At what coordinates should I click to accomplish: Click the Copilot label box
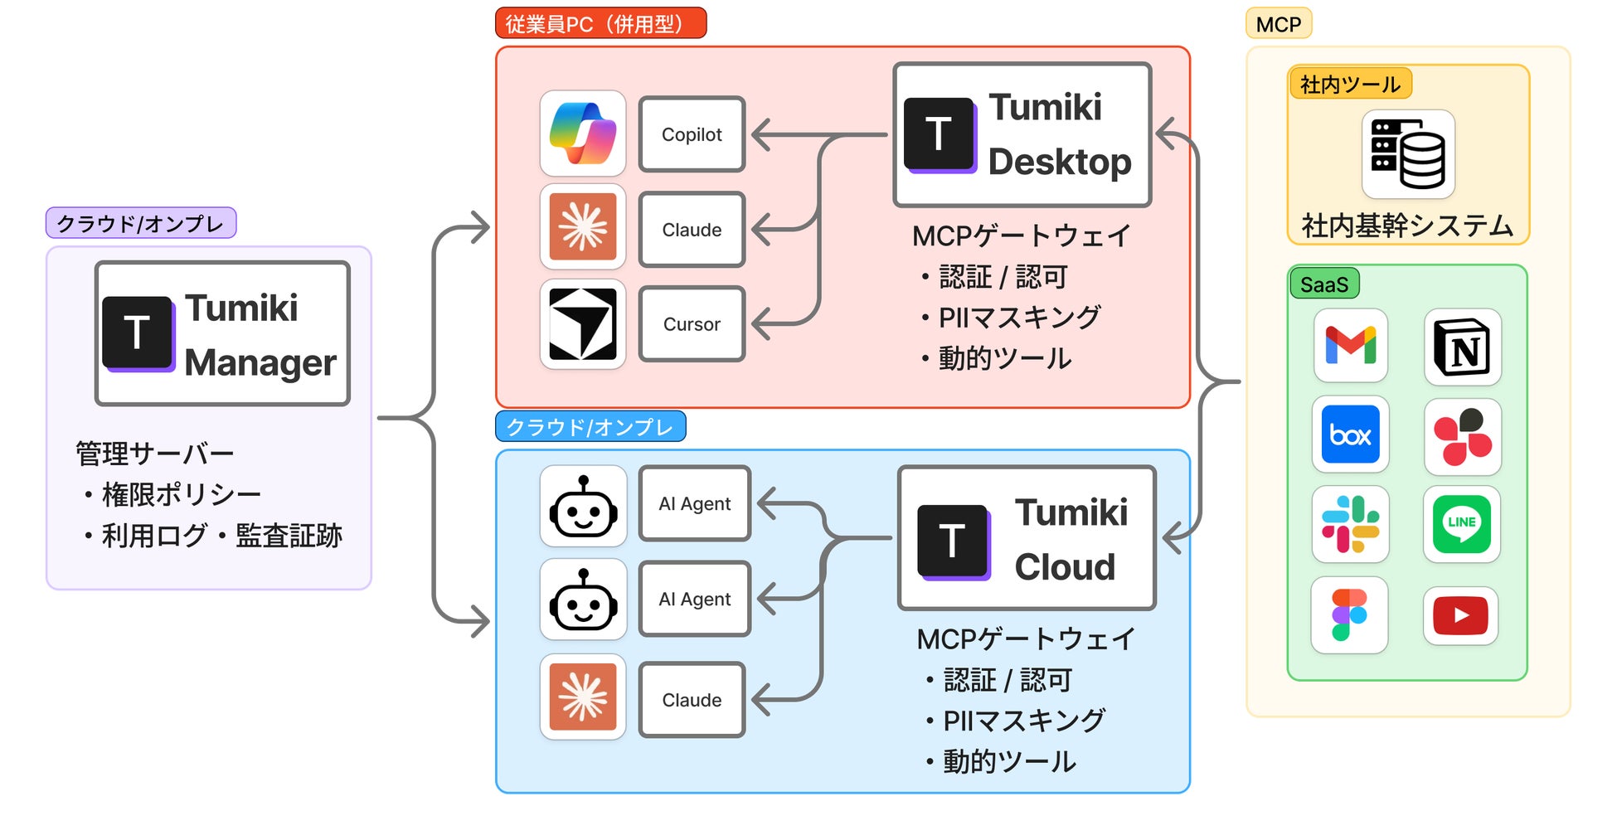(692, 134)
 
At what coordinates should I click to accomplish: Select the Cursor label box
(692, 324)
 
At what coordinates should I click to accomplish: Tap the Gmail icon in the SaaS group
(1350, 346)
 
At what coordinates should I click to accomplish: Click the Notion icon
(1463, 347)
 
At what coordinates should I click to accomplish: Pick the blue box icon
(1350, 435)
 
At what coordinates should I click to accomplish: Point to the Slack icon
(1350, 524)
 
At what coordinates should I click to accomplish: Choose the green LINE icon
(1461, 524)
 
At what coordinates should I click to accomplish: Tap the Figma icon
(1349, 614)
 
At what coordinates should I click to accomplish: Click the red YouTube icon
(1460, 615)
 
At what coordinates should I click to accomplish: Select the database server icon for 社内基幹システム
(1408, 154)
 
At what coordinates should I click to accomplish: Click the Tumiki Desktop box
(1022, 134)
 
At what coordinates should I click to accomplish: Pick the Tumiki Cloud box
(1027, 538)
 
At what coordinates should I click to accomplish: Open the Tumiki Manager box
(222, 333)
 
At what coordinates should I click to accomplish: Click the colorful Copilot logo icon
(583, 134)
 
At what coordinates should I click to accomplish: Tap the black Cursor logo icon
(583, 324)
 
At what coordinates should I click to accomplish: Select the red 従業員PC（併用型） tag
(600, 23)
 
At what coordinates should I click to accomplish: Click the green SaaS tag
(1324, 284)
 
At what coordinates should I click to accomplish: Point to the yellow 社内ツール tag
(1350, 84)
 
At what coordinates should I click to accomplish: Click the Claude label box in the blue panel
(692, 700)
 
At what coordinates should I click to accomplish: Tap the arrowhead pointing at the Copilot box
(759, 134)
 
